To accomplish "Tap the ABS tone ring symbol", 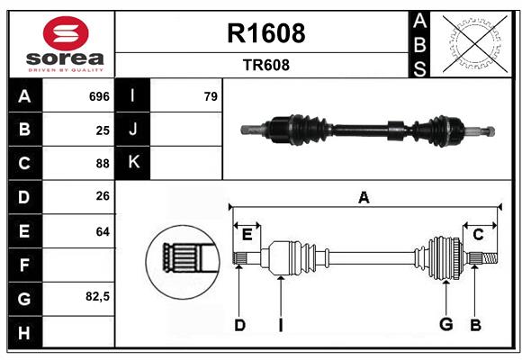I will (x=473, y=44).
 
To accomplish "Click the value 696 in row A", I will (x=99, y=95).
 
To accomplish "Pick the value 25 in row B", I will (x=103, y=130).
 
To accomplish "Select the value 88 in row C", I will (x=103, y=164).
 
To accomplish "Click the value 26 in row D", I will (x=103, y=197).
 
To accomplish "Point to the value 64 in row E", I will (x=103, y=231).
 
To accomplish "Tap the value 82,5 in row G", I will (x=98, y=296).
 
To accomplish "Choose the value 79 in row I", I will (x=211, y=95).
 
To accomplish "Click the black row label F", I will (x=24, y=265).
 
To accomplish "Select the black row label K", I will (x=133, y=163).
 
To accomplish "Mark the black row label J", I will (x=133, y=130).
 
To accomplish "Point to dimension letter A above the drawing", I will (x=364, y=198).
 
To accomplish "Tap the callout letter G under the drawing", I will (x=445, y=325).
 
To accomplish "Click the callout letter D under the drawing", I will (x=239, y=325).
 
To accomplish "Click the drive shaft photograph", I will (x=367, y=129).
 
